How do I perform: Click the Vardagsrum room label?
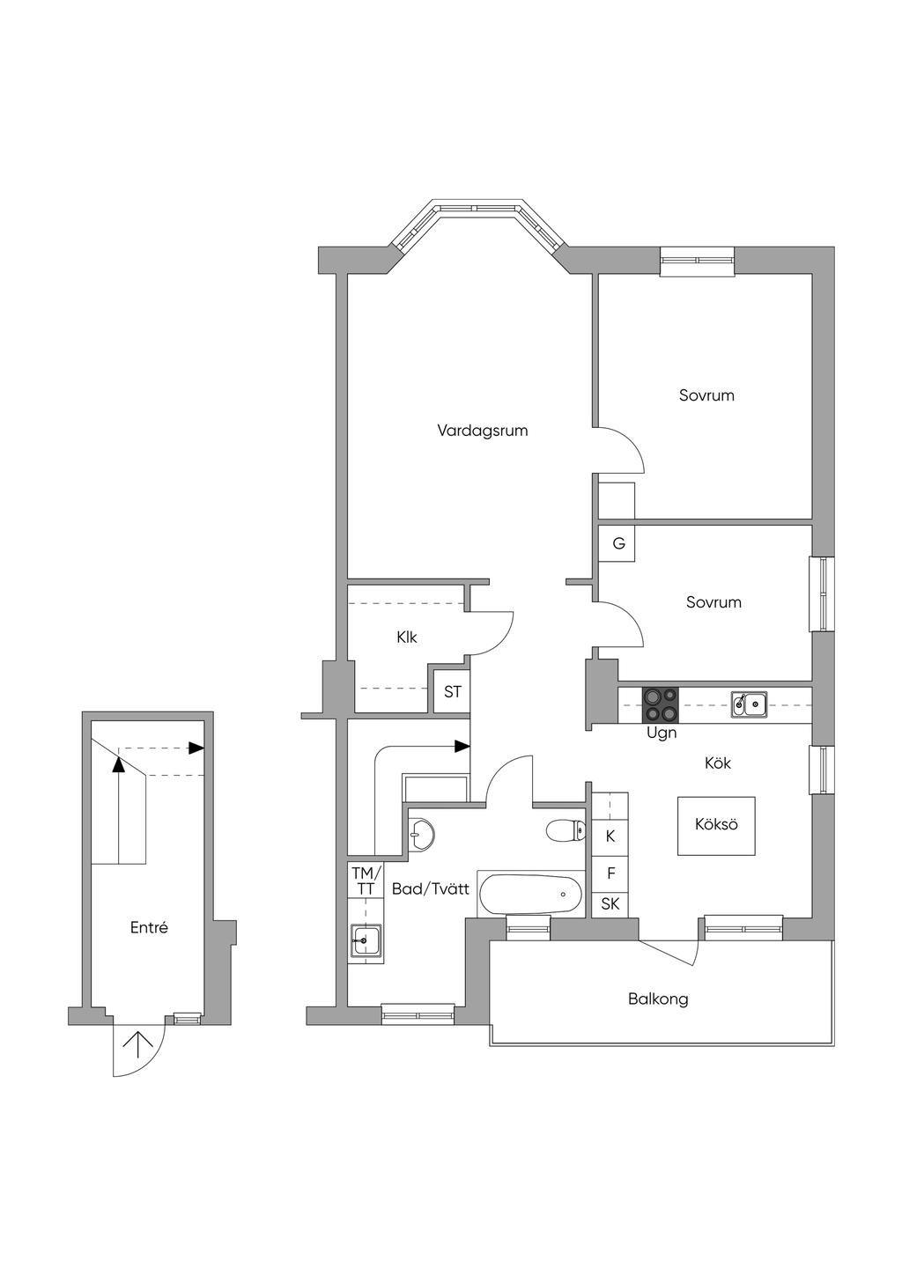click(x=483, y=431)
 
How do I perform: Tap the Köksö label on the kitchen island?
click(x=716, y=823)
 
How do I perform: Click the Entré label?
click(x=149, y=928)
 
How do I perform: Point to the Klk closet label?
click(x=407, y=637)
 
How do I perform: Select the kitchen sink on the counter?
click(x=750, y=704)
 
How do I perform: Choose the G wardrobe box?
click(x=617, y=543)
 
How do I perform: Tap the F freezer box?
click(x=610, y=873)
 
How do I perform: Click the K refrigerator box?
click(x=610, y=836)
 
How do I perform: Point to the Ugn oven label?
click(x=662, y=733)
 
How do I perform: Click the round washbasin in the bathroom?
click(x=421, y=835)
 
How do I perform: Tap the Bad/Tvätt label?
click(x=431, y=889)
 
